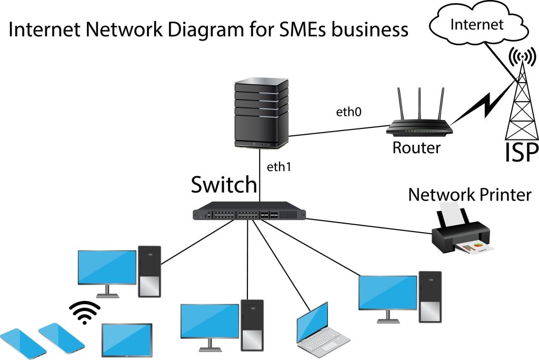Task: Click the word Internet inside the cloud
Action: point(477,24)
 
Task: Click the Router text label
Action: point(416,147)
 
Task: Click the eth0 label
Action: point(348,113)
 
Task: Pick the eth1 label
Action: point(279,167)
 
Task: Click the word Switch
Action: point(224,185)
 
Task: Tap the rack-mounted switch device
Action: point(249,212)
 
